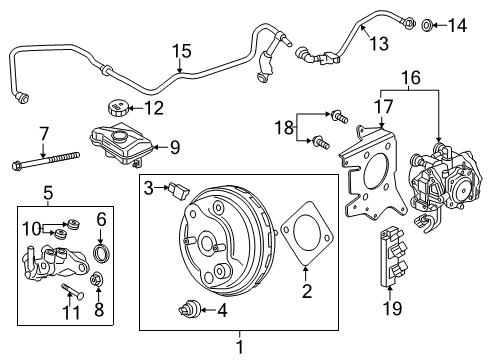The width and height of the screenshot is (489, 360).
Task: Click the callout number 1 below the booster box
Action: [x=239, y=346]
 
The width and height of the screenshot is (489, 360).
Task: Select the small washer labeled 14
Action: [x=427, y=23]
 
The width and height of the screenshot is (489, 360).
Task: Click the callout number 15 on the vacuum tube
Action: [x=180, y=50]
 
